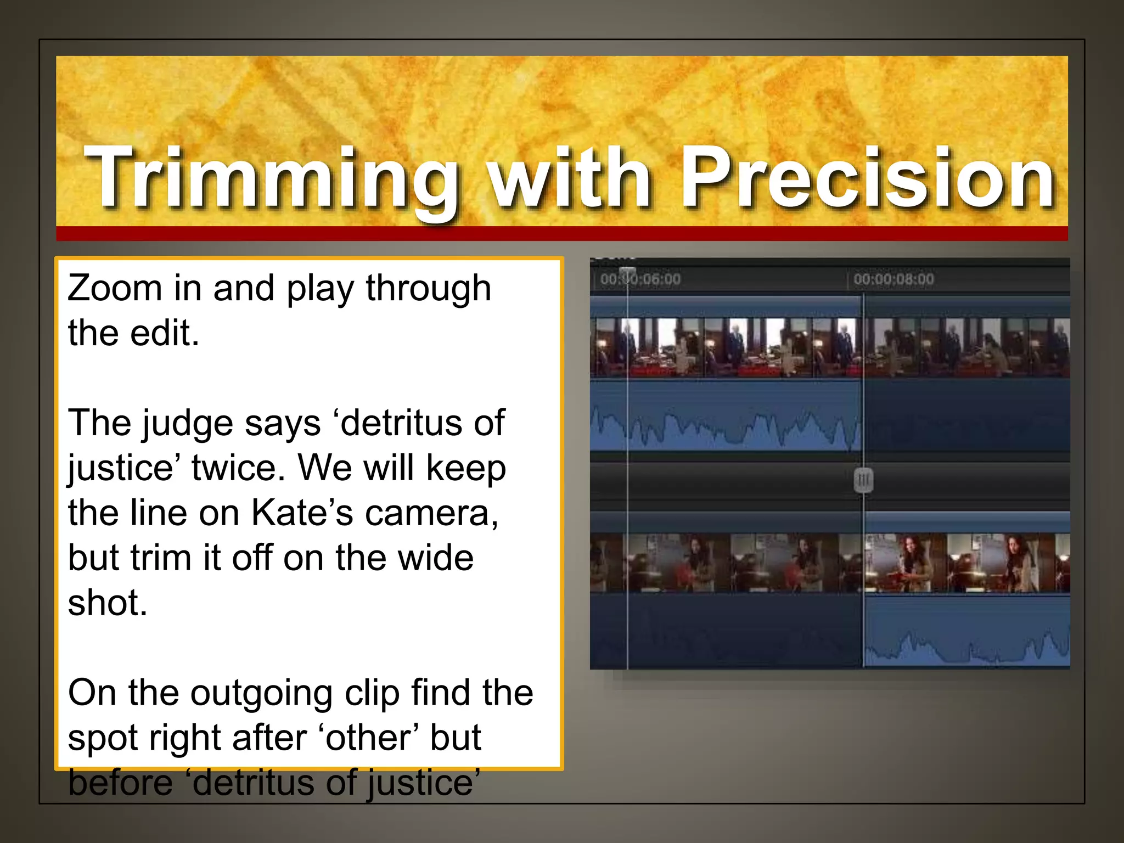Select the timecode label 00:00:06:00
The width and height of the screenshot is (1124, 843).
point(640,279)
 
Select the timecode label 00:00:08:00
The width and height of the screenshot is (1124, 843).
point(893,279)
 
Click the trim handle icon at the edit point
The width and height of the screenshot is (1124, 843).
point(863,480)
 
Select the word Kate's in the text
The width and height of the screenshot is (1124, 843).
point(302,513)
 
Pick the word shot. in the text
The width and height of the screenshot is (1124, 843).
point(108,603)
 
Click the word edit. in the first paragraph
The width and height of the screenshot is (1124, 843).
point(165,333)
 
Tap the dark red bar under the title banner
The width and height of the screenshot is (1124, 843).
point(562,234)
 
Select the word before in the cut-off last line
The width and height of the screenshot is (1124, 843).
point(121,783)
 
